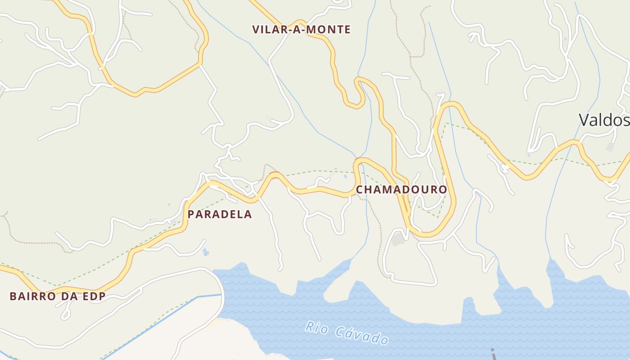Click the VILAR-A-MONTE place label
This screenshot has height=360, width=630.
point(301,30)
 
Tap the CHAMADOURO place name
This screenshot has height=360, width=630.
point(401,189)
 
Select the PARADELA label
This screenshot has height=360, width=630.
point(220,215)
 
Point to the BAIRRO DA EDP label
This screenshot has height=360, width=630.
point(58,296)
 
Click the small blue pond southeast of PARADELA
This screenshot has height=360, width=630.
point(206,252)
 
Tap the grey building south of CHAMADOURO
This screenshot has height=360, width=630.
point(398,239)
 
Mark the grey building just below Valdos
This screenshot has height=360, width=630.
point(610,147)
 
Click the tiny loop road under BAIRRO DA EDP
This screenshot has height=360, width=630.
point(66,313)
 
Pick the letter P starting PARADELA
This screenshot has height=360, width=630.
point(191,215)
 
